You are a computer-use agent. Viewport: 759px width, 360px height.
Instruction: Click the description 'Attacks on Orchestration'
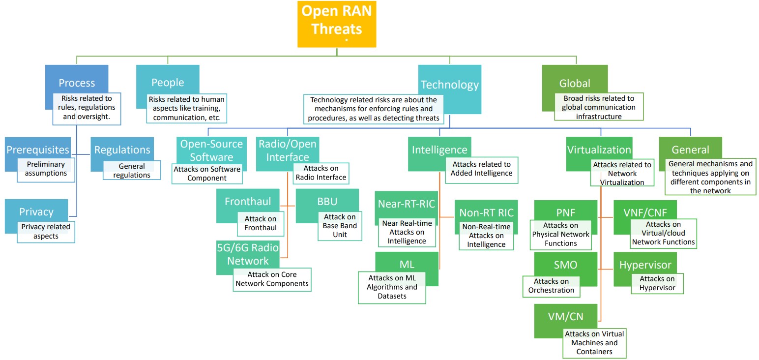(x=551, y=286)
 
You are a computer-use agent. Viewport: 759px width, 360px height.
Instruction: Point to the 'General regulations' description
(x=132, y=171)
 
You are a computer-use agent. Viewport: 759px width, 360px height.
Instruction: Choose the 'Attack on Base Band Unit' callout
(x=340, y=226)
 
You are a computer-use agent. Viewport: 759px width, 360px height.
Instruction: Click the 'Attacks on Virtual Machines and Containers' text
(x=595, y=343)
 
